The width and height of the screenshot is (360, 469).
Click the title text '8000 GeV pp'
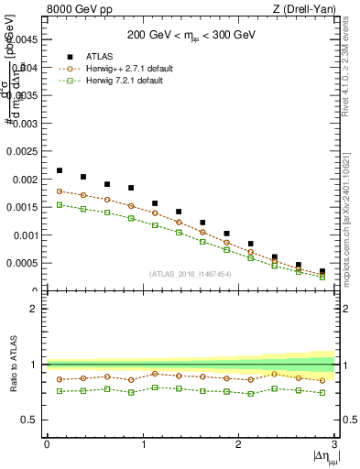(x=74, y=9)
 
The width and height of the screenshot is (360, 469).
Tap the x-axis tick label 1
(x=143, y=444)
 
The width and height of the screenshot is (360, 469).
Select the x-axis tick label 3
(x=334, y=444)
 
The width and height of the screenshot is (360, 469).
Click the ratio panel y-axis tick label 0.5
(x=30, y=420)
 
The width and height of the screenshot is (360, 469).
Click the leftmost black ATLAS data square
(x=60, y=170)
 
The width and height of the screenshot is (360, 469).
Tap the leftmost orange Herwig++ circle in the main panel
(x=60, y=191)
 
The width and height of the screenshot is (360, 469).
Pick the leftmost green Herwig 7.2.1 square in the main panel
(x=60, y=205)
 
